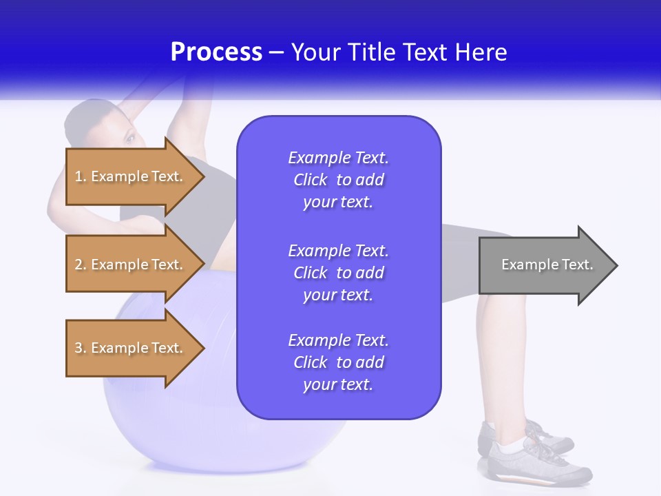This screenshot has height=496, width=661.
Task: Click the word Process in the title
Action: click(216, 52)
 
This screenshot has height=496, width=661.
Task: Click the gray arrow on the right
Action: click(544, 265)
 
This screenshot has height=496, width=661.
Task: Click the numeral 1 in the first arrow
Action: click(78, 176)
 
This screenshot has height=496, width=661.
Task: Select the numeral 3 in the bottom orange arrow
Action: click(78, 348)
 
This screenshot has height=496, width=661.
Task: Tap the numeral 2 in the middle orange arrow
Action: click(78, 265)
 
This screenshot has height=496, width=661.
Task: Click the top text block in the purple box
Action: click(338, 180)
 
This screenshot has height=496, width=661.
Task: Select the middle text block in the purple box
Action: click(338, 273)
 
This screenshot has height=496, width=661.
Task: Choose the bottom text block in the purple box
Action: click(338, 362)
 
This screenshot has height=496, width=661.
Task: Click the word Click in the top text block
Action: click(311, 180)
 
